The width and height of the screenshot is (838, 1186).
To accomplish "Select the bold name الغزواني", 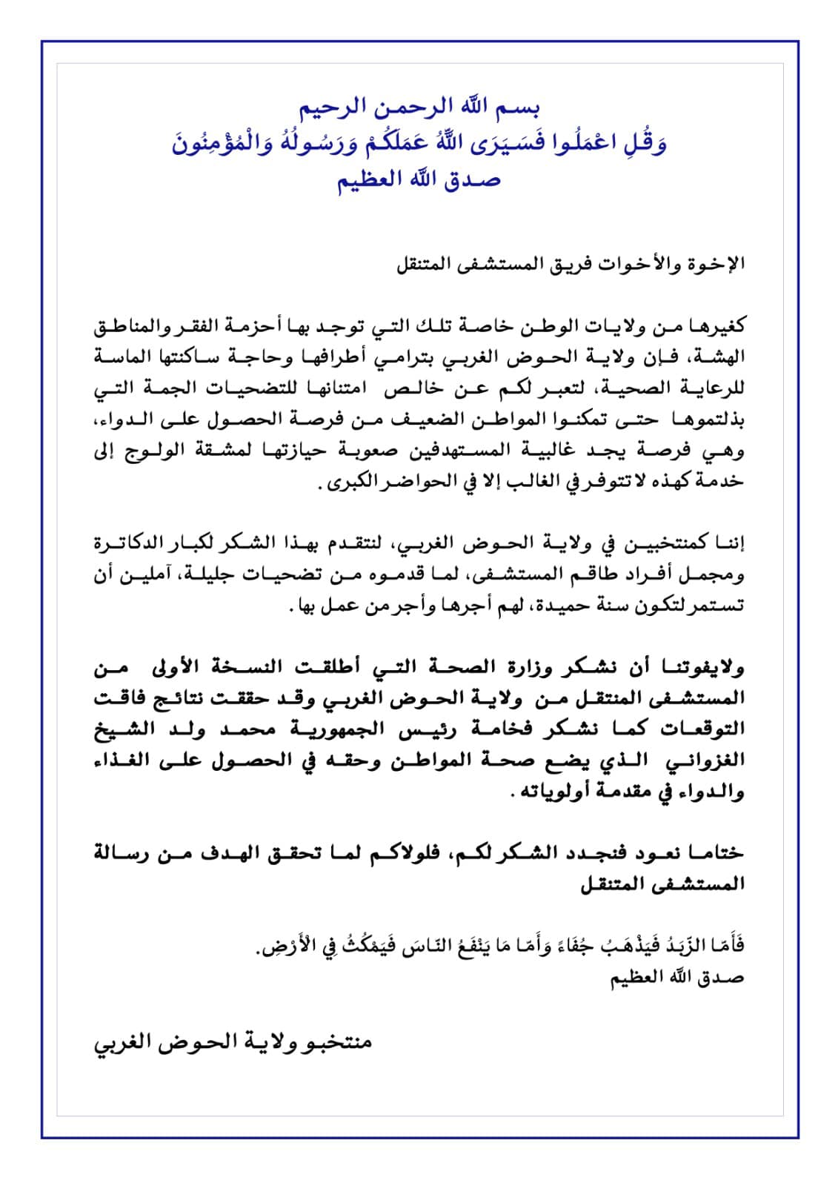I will [713, 761].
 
